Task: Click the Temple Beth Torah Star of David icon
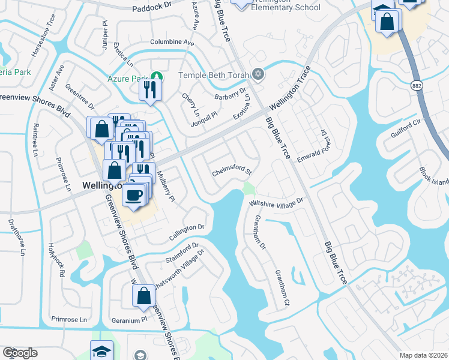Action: [258, 75]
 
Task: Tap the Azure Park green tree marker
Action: [156, 76]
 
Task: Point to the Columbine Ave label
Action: [172, 43]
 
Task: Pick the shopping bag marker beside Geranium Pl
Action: [143, 296]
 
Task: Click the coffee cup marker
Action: [133, 194]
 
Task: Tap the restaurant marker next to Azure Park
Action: [148, 91]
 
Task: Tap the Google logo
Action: [20, 353]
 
